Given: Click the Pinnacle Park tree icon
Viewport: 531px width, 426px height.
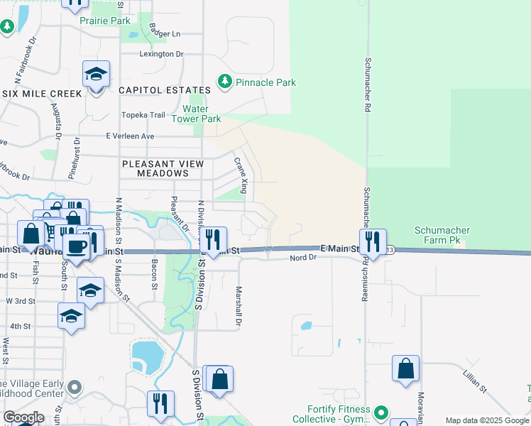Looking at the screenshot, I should point(225,82).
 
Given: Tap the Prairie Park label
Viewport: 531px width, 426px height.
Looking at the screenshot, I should point(105,21).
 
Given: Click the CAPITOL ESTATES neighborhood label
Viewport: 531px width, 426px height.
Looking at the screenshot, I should point(165,90).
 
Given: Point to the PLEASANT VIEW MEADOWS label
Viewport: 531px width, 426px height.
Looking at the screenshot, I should point(163,168).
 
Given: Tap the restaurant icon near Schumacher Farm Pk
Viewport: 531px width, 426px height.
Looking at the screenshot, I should point(373,241).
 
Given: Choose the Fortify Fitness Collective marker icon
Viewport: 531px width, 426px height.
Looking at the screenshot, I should point(381,412).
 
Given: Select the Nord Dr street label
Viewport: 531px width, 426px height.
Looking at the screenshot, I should point(302,258).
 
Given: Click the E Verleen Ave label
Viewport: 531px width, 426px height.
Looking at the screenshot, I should point(129,136).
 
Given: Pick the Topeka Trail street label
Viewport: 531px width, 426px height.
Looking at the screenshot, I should point(143,115).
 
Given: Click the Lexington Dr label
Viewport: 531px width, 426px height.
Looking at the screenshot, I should point(161,54).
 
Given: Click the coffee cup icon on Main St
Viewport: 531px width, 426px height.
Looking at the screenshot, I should point(77,246).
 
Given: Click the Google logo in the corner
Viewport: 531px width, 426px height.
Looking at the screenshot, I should point(23,417).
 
